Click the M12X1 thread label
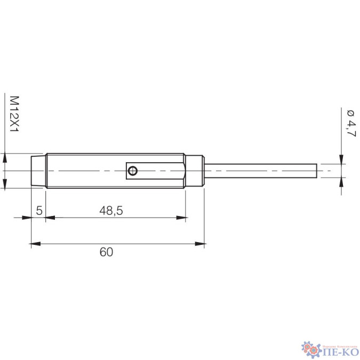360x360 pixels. pyautogui.click(x=14, y=114)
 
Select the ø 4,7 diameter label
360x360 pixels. pyautogui.click(x=350, y=123)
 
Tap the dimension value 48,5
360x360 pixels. pyautogui.click(x=111, y=211)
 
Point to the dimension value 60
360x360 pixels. pyautogui.click(x=106, y=252)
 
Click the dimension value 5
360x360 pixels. pyautogui.click(x=39, y=211)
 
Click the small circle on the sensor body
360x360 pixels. pyautogui.click(x=133, y=171)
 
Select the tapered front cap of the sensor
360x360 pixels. pyautogui.click(x=38, y=171)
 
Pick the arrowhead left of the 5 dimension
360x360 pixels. pyautogui.click(x=26, y=218)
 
